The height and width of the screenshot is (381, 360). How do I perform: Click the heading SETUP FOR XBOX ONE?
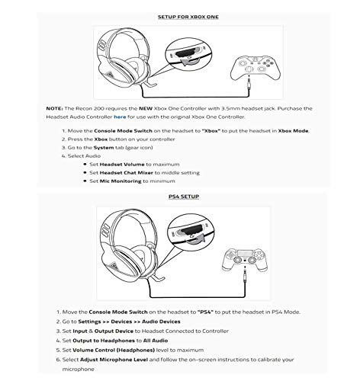tap(188, 17)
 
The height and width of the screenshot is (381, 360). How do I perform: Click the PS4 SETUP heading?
tap(184, 197)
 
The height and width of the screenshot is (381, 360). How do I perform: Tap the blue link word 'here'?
tap(120, 117)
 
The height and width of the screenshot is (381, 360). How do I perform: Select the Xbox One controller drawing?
tap(255, 67)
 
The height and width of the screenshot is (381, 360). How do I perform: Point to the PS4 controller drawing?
tap(245, 259)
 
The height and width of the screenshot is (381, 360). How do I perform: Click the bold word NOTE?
tap(54, 108)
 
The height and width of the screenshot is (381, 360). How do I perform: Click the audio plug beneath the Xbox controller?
tap(249, 83)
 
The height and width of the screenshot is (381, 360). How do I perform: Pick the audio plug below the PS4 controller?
tap(245, 275)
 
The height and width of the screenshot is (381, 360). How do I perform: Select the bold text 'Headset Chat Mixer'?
tap(127, 173)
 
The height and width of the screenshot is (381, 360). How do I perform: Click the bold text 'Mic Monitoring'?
tap(121, 181)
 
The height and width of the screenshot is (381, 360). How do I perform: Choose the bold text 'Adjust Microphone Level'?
tap(114, 360)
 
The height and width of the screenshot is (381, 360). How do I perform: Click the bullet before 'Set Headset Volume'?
tap(85, 165)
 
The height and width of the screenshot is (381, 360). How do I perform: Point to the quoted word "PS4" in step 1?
tap(205, 312)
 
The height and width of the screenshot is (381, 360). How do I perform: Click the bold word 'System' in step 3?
tap(104, 148)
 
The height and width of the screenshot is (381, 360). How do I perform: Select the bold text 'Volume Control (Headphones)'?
tap(114, 350)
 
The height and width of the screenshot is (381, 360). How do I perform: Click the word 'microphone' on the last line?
tap(79, 369)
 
